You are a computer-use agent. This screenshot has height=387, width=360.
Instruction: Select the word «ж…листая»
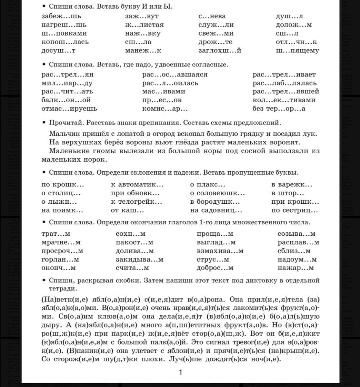pos(144,25)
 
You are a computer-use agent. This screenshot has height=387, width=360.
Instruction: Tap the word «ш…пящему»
pos(297,51)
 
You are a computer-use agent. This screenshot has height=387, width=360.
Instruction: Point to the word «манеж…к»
pos(143,51)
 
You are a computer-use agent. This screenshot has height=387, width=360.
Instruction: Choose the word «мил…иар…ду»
pos(67,83)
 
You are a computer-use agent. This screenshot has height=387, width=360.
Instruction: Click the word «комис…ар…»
pos(165,109)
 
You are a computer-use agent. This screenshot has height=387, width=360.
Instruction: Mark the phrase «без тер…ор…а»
pos(279,109)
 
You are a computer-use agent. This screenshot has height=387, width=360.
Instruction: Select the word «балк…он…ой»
pos(66,100)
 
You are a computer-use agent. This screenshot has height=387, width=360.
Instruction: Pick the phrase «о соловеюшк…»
pos(217,193)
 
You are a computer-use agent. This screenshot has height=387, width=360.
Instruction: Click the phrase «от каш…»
pos(127,210)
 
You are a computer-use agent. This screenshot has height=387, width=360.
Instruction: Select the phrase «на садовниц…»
pos(216,210)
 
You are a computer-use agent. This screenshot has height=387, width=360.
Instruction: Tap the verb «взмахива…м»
pos(220,251)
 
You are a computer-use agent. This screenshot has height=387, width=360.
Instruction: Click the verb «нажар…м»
pos(296,268)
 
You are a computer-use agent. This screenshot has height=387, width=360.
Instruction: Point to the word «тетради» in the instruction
pos(63,288)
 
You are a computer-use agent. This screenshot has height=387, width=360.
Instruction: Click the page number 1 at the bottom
pos(180,372)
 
